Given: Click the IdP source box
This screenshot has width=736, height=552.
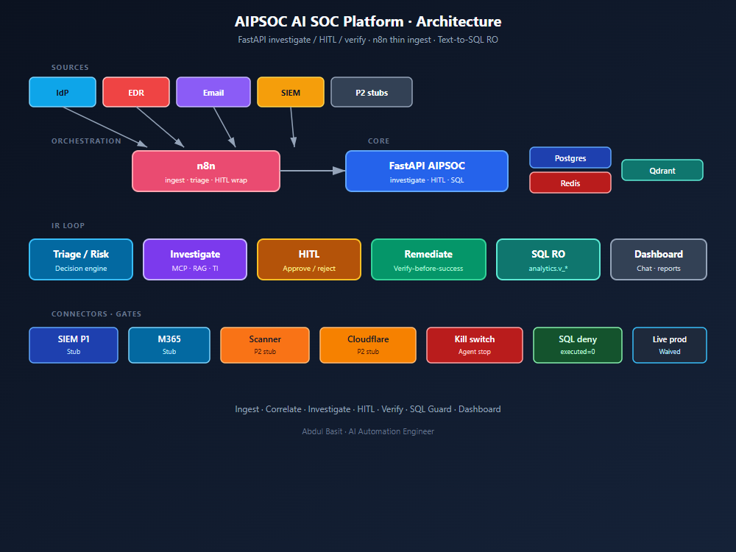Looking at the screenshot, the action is [63, 92].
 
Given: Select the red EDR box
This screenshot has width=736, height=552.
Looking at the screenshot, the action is [136, 92].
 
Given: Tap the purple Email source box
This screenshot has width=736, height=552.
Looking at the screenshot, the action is [213, 92].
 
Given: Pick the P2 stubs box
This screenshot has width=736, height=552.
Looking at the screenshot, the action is [372, 92].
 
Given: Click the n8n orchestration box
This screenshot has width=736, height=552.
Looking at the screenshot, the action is [206, 171].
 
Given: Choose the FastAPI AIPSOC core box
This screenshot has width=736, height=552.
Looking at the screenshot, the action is [427, 171].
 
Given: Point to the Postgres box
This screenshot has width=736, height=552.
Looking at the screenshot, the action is [570, 158].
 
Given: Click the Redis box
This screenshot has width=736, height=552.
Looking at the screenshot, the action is [570, 183].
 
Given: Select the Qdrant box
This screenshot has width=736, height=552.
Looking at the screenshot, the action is [662, 170].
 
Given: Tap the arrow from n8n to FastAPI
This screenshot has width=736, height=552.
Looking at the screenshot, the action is [313, 171].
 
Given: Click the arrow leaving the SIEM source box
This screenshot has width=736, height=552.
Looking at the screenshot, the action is [292, 127].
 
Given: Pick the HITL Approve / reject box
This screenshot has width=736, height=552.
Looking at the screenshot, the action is [309, 260].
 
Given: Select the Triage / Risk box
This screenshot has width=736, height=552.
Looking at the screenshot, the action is [81, 260].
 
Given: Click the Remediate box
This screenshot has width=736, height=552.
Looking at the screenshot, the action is [428, 260].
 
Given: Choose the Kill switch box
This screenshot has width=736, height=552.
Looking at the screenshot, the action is [475, 345].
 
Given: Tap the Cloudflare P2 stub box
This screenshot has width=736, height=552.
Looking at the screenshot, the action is [368, 345].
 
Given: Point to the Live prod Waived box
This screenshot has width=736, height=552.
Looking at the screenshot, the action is [669, 345].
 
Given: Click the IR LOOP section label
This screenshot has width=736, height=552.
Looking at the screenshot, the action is [68, 226].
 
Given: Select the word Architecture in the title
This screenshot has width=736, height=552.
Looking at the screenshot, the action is [459, 21].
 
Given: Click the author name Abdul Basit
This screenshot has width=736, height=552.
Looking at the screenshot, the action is [322, 431].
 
